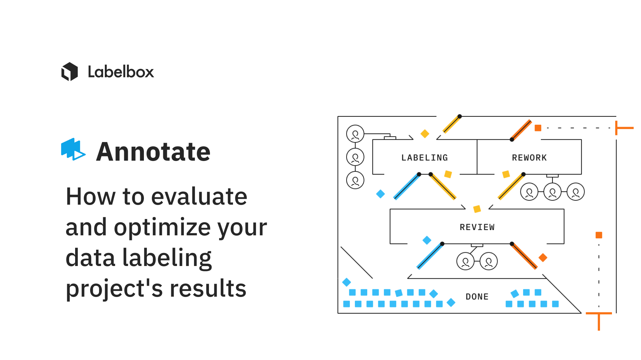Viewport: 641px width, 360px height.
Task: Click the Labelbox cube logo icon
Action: [x=69, y=72]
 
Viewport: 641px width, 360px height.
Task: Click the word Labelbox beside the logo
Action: [x=121, y=72]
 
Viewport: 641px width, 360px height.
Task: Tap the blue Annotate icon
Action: [x=73, y=149]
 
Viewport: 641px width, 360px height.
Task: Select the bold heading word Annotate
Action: [x=153, y=152]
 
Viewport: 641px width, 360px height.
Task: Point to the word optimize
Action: [x=162, y=228]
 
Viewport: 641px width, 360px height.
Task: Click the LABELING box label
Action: [x=424, y=158]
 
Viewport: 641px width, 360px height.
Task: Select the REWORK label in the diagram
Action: [x=529, y=158]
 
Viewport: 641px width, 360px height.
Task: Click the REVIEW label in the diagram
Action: [x=477, y=227]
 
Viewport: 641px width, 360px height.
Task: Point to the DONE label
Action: [x=477, y=297]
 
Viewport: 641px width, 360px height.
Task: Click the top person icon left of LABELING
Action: [x=355, y=134]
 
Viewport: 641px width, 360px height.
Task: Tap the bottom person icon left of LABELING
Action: [x=355, y=180]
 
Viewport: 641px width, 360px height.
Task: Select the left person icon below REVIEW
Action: [x=465, y=261]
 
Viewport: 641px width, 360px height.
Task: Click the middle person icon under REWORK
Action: [x=553, y=192]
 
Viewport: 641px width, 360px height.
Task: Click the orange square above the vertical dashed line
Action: [x=599, y=235]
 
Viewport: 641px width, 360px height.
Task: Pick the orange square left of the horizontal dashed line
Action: [x=538, y=128]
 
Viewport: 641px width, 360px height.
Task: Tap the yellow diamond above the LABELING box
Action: [x=425, y=134]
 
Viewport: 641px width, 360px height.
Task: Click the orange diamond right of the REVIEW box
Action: [x=543, y=257]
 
